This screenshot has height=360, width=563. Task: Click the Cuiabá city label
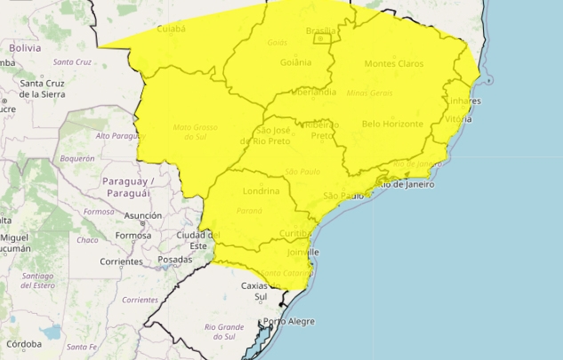tap(170, 28)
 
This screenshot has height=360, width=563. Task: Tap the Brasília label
tap(320, 31)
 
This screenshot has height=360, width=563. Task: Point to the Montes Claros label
tap(393, 63)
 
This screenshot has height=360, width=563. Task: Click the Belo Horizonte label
tap(392, 124)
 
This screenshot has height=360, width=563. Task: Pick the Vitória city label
tap(457, 118)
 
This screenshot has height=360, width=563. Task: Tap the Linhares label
tap(462, 100)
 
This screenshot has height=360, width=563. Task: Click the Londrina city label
tap(261, 191)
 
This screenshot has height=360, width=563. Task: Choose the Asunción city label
tap(143, 216)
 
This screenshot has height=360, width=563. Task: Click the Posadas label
tap(174, 260)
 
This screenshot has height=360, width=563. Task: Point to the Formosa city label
tap(133, 236)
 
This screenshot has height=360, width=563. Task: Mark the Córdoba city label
tap(24, 344)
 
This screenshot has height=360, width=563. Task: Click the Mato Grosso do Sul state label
tap(196, 132)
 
